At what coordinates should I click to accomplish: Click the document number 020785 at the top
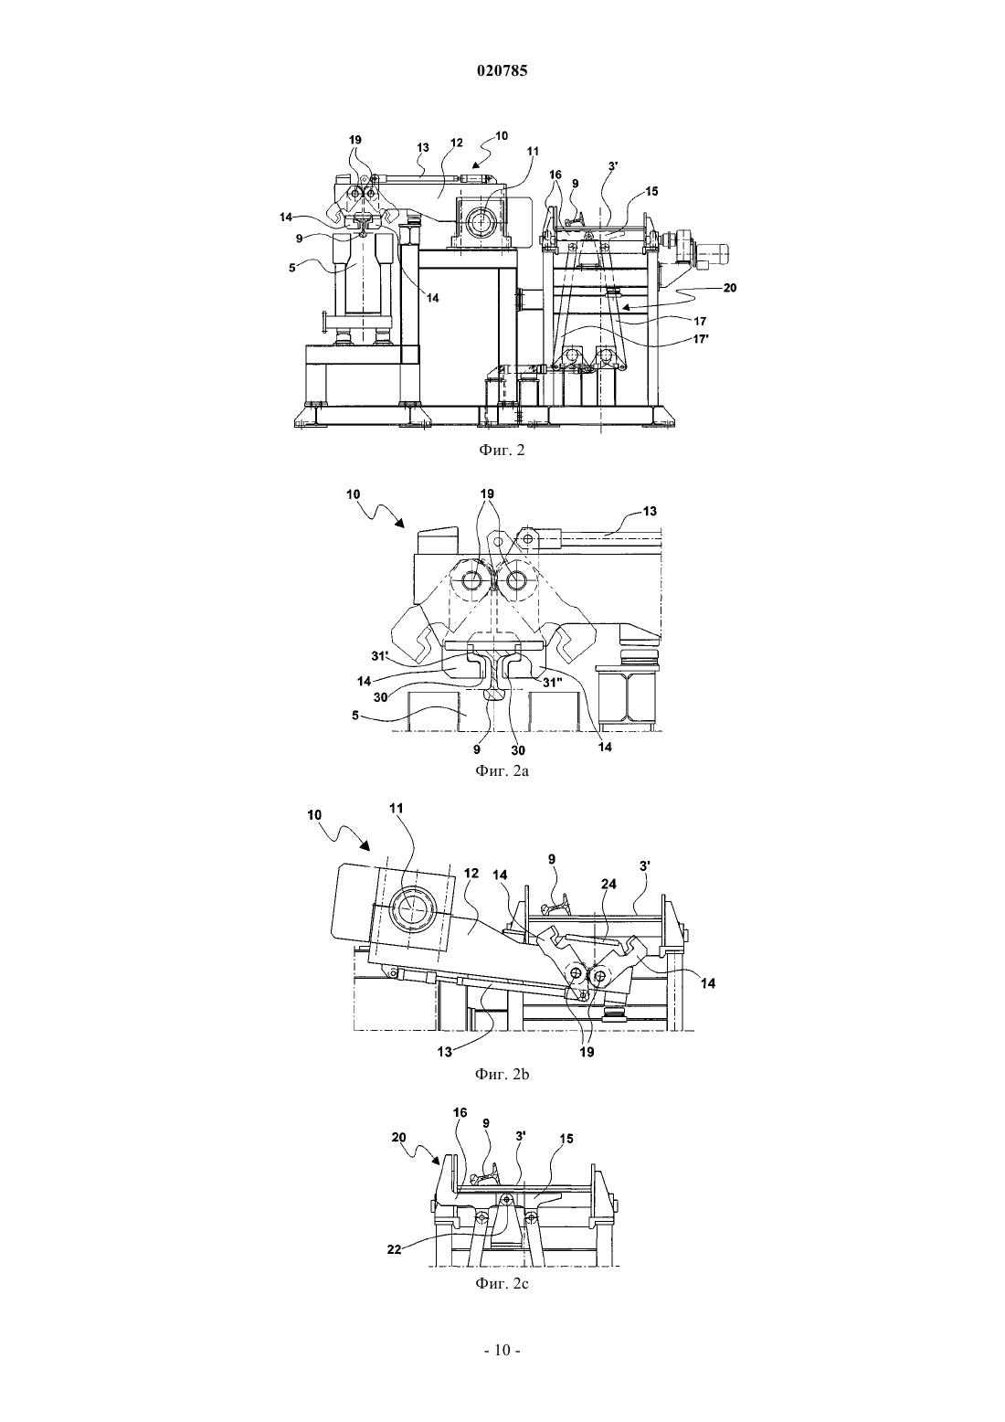(502, 71)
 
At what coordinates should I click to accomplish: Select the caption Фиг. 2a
(502, 771)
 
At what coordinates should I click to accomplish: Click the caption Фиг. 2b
(502, 1075)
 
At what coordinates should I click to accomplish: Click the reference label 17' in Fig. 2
(700, 340)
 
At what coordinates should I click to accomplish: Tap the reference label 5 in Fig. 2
(292, 268)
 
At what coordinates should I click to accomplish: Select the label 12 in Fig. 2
(457, 143)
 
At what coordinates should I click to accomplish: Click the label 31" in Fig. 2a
(553, 683)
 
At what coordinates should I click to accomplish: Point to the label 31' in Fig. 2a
(380, 656)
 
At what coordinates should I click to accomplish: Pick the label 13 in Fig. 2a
(650, 511)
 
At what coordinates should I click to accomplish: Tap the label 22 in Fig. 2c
(395, 1249)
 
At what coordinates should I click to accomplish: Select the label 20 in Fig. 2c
(398, 1136)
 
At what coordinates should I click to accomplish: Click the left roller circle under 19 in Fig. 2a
(472, 579)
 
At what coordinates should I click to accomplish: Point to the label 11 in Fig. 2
(533, 152)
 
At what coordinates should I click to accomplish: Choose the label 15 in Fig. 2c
(566, 1139)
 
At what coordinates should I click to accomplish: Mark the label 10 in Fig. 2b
(314, 815)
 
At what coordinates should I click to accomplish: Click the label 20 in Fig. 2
(730, 288)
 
